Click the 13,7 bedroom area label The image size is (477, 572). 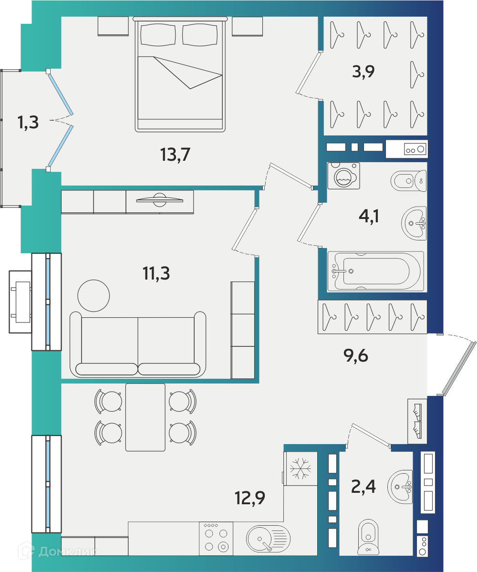[175, 154]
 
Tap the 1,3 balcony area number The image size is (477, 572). [28, 122]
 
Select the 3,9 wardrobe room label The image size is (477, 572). [363, 71]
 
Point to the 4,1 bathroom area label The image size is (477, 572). [369, 216]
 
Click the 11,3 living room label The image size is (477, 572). [156, 273]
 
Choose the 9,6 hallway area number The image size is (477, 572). [355, 355]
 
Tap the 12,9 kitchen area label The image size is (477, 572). [250, 498]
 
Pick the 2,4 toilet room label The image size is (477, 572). [363, 486]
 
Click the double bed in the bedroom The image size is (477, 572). [180, 74]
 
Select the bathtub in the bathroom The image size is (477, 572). [375, 271]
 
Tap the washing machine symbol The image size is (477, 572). [343, 176]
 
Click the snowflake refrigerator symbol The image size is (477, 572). [301, 468]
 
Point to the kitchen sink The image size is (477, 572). [268, 539]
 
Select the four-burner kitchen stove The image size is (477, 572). [216, 539]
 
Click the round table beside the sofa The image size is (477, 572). [93, 295]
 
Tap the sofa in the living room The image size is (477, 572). [138, 344]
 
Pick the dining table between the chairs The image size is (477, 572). [145, 417]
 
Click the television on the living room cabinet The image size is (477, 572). [160, 199]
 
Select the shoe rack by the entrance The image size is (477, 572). [417, 421]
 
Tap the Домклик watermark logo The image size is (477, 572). [57, 551]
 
